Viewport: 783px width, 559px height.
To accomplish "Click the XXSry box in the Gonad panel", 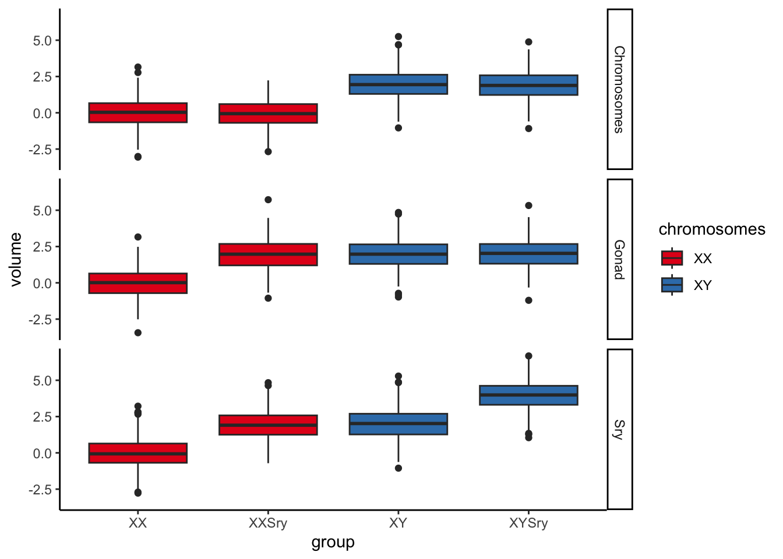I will (x=268, y=254).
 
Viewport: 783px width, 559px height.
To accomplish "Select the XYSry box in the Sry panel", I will (x=528, y=395).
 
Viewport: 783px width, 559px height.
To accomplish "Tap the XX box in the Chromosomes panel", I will (x=138, y=112).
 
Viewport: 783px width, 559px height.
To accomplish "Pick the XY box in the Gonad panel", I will (x=398, y=254).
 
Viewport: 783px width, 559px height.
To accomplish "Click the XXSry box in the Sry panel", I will (x=268, y=425).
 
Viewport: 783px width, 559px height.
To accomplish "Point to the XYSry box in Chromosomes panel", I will (x=528, y=85).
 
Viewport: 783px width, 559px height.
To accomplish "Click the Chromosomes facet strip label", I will (x=619, y=89).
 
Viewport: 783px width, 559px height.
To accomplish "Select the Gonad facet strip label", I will (x=619, y=259).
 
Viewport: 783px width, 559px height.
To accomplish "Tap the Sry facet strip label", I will (x=619, y=429).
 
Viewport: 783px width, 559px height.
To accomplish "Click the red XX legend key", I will (x=672, y=258).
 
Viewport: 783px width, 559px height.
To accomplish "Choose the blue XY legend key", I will (x=672, y=285).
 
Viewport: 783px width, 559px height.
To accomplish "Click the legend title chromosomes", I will (x=711, y=229).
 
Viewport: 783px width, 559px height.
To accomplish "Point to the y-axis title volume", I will (x=16, y=259).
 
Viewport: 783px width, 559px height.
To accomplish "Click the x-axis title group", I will (x=333, y=543).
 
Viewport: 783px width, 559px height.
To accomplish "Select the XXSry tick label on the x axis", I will (x=268, y=523).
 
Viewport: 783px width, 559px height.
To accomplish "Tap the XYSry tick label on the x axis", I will (x=528, y=523).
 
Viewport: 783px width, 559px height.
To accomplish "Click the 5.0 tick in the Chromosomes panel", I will (x=43, y=41).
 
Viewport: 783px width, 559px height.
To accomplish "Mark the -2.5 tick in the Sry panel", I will (x=40, y=490).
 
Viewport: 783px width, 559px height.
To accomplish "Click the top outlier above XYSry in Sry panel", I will (x=528, y=356).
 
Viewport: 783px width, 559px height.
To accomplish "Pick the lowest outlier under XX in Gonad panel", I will (x=138, y=332).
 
